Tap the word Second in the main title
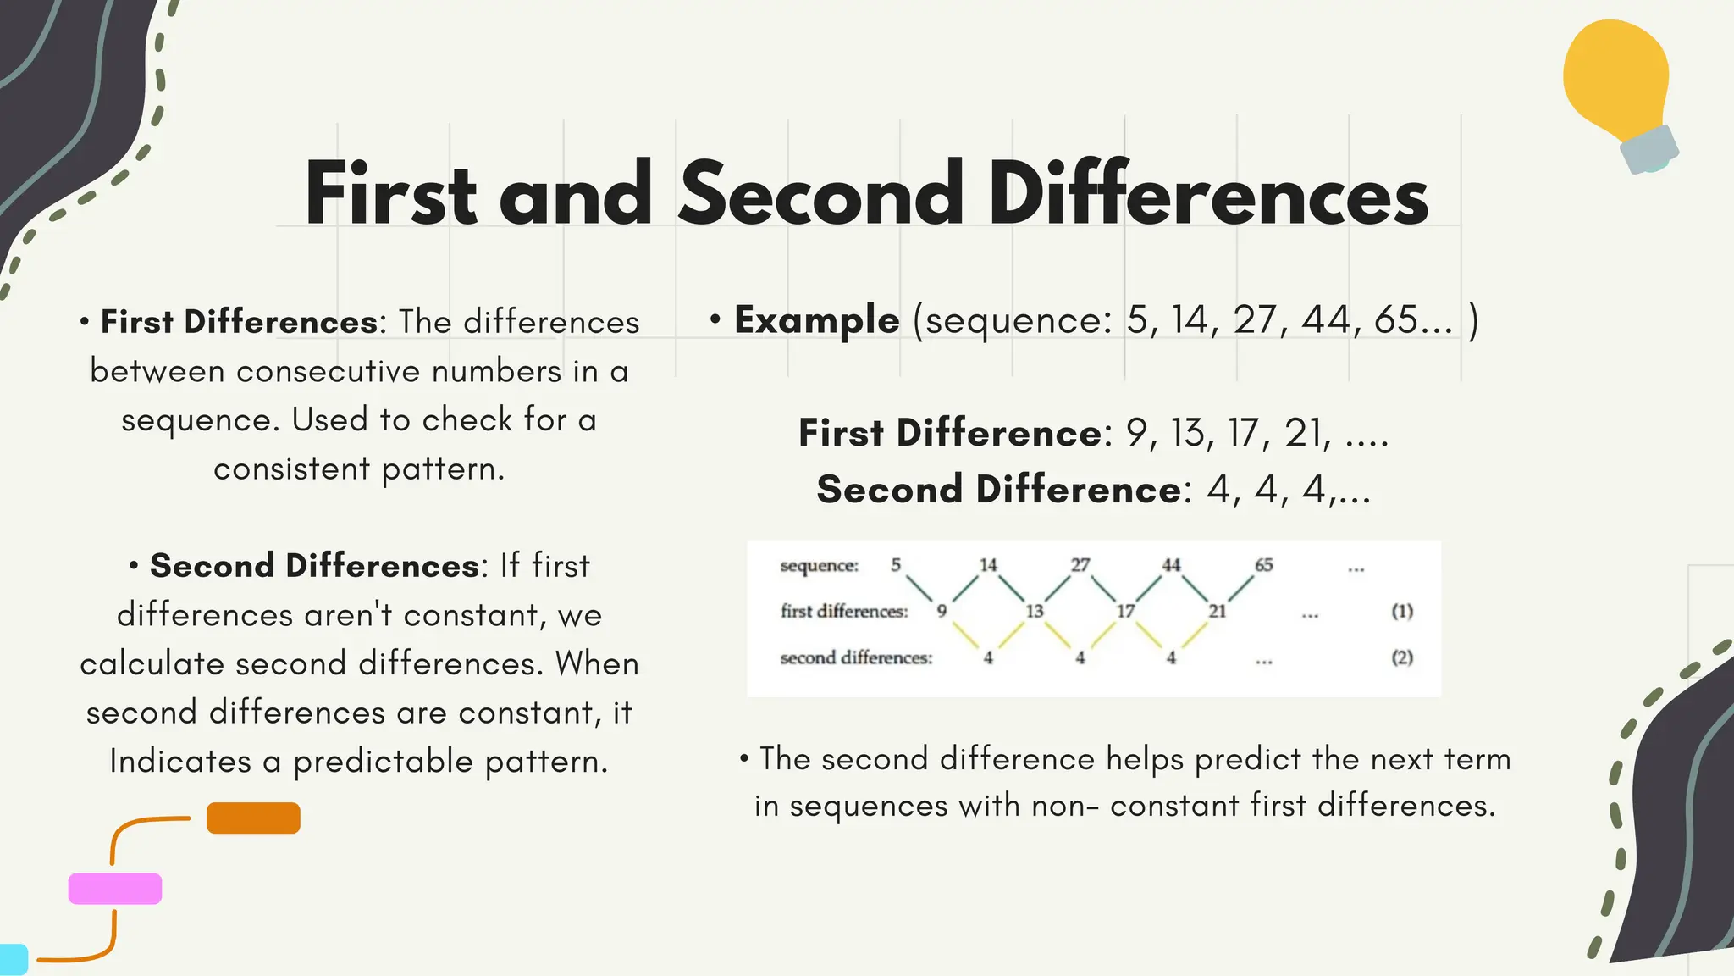coord(820,195)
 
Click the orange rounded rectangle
coord(253,818)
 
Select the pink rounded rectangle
coord(115,889)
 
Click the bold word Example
coord(816,320)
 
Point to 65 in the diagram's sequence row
coord(1263,565)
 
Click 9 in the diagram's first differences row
coord(942,611)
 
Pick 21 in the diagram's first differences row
coord(1217,611)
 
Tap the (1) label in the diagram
coord(1402,611)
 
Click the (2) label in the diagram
coord(1402,657)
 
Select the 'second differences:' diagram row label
coord(856,657)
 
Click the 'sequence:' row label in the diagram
coord(819,565)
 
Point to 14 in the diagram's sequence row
coord(988,565)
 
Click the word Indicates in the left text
coord(180,762)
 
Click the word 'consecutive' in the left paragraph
coord(329,372)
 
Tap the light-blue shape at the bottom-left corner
coord(13,959)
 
